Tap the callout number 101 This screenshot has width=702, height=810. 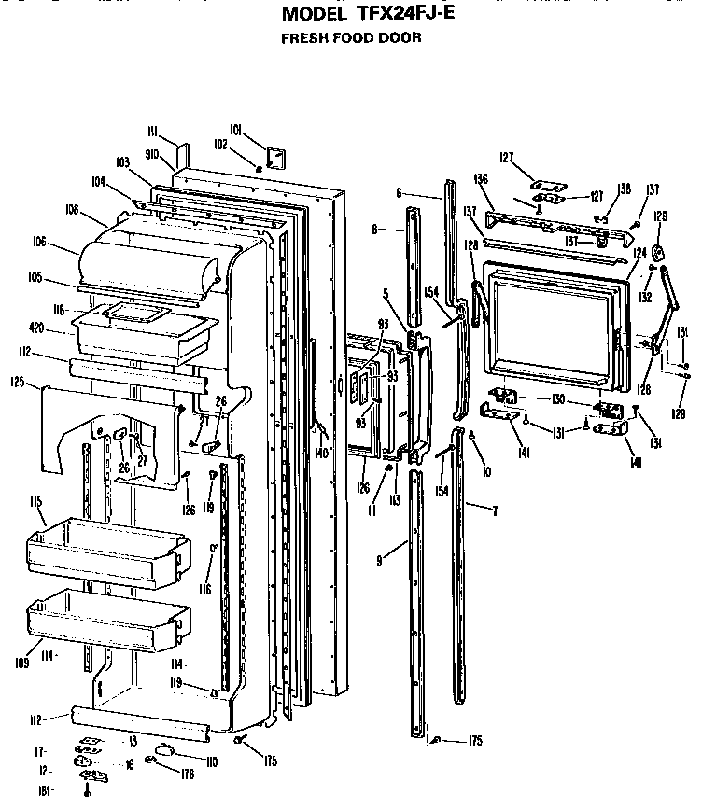coord(235,129)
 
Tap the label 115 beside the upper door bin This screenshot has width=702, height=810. coord(37,502)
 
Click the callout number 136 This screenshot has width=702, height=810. coord(482,178)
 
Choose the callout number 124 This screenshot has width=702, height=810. coord(640,252)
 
